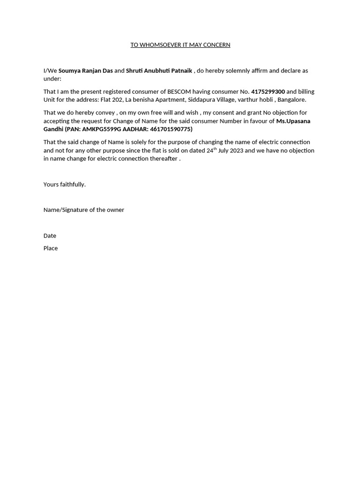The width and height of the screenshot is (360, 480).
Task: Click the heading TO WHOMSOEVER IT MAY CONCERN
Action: coord(180,45)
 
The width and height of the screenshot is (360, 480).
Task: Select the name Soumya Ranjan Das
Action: coord(85,71)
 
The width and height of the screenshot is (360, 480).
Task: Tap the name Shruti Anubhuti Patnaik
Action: coord(159,71)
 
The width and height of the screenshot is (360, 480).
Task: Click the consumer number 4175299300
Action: coord(268,92)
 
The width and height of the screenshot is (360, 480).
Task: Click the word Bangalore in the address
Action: coord(291,100)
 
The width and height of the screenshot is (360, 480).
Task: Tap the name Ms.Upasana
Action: coord(293,121)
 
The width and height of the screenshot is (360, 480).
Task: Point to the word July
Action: coord(224,150)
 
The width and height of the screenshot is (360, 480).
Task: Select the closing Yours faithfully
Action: coord(65,185)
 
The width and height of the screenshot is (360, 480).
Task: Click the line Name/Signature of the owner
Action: coord(84,210)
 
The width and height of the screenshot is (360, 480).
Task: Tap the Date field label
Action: coord(50,236)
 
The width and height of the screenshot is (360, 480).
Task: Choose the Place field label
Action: coord(51,248)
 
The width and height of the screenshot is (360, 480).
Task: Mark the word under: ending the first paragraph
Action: coord(52,79)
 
